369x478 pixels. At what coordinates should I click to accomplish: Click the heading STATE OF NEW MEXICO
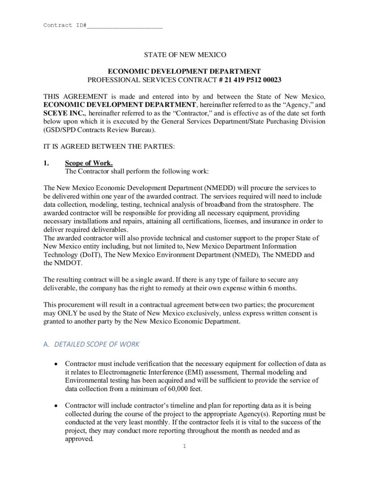pos(184,55)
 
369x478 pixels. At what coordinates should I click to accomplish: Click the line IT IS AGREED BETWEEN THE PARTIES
pos(109,147)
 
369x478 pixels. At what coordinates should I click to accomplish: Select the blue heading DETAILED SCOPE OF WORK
pos(97,344)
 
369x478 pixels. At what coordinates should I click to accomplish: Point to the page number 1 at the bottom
pos(184,446)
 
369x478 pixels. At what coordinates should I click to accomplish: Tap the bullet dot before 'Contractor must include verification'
pos(56,364)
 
